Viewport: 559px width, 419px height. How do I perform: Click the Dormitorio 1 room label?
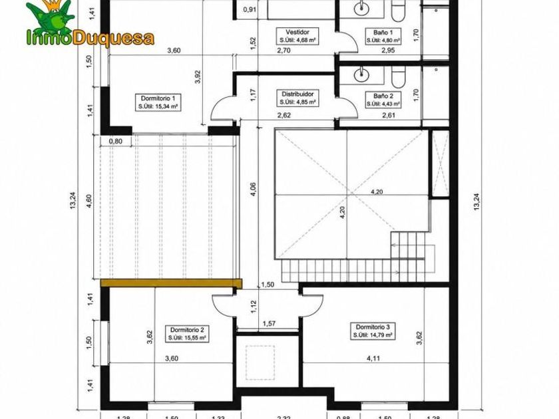pos(158,102)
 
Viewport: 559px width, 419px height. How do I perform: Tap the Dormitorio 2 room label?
pos(187,334)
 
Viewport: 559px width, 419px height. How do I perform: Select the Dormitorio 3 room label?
pos(373,331)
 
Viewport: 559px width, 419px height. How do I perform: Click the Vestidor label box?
pos(297,36)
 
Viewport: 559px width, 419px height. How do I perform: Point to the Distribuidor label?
pos(297,98)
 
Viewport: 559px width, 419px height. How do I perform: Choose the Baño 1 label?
pos(383,36)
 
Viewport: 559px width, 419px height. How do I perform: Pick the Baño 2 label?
pos(383,100)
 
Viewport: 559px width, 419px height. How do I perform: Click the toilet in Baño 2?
pos(398,76)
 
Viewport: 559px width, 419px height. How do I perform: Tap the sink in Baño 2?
pos(361,75)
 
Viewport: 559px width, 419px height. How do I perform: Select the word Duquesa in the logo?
pos(113,38)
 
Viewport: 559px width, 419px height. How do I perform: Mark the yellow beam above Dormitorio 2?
pos(171,283)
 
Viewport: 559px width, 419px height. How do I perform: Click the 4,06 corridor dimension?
pos(253,189)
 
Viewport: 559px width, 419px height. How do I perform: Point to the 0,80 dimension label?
pos(116,141)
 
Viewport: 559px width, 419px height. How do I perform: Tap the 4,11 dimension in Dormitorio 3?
pos(373,358)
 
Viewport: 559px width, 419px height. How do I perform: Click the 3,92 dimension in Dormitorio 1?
pos(198,76)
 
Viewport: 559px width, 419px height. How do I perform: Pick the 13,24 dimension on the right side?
pos(476,202)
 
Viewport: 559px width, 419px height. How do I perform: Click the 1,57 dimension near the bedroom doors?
pos(269,323)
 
